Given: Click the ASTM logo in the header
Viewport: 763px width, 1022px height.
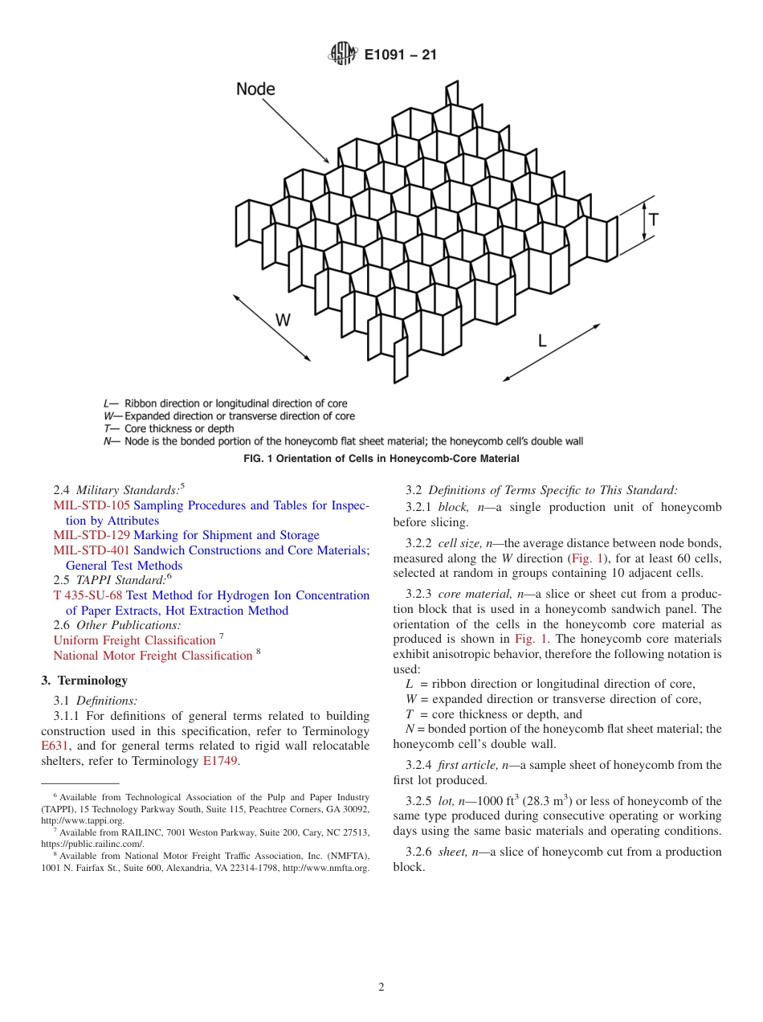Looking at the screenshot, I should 341,55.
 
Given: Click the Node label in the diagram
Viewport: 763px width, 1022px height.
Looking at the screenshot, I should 255,89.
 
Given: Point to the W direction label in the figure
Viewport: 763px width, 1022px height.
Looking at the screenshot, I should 283,320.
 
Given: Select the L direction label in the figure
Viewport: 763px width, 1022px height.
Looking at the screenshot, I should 542,340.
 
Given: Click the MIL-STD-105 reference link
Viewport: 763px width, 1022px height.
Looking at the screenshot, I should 91,505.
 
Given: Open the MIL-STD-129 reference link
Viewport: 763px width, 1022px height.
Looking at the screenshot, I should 91,535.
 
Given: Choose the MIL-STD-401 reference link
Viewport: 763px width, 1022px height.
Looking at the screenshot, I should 91,550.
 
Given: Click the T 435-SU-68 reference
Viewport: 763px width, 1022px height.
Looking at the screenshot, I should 88,595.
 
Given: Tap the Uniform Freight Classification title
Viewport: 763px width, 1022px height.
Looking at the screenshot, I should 134,640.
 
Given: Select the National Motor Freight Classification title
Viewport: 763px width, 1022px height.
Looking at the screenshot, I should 153,656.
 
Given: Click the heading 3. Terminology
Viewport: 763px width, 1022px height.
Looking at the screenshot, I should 84,681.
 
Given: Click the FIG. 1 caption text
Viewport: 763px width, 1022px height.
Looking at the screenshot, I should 381,459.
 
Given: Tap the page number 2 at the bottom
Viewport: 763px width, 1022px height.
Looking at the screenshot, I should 381,987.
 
